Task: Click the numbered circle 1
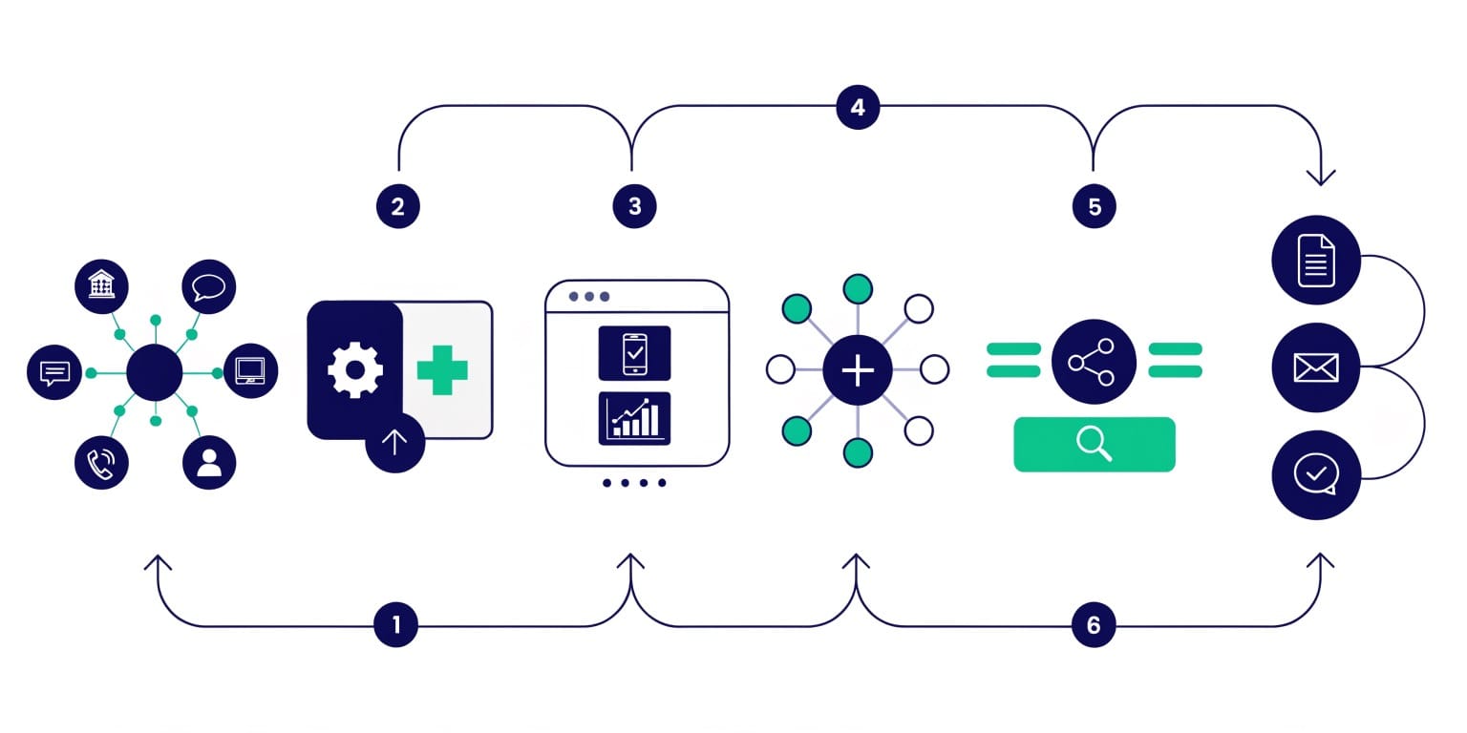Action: coord(396,625)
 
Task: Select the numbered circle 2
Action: coord(397,206)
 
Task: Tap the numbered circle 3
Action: coord(635,206)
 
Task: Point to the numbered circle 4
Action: coord(858,107)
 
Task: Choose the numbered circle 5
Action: coord(1094,206)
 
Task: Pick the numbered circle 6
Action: coord(1094,625)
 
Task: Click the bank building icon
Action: coord(101,285)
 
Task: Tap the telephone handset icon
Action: coord(101,464)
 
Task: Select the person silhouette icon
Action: coord(209,464)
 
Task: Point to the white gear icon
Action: coord(355,369)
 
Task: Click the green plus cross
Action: coord(442,369)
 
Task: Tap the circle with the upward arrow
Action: coord(394,442)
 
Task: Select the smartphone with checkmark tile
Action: coord(634,353)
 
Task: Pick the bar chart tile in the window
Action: coord(634,418)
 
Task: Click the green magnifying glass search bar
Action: coord(1094,444)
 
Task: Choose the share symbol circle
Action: coord(1094,362)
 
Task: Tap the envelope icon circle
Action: coord(1316,367)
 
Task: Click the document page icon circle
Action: coord(1316,260)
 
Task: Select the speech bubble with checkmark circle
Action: coord(1316,474)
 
